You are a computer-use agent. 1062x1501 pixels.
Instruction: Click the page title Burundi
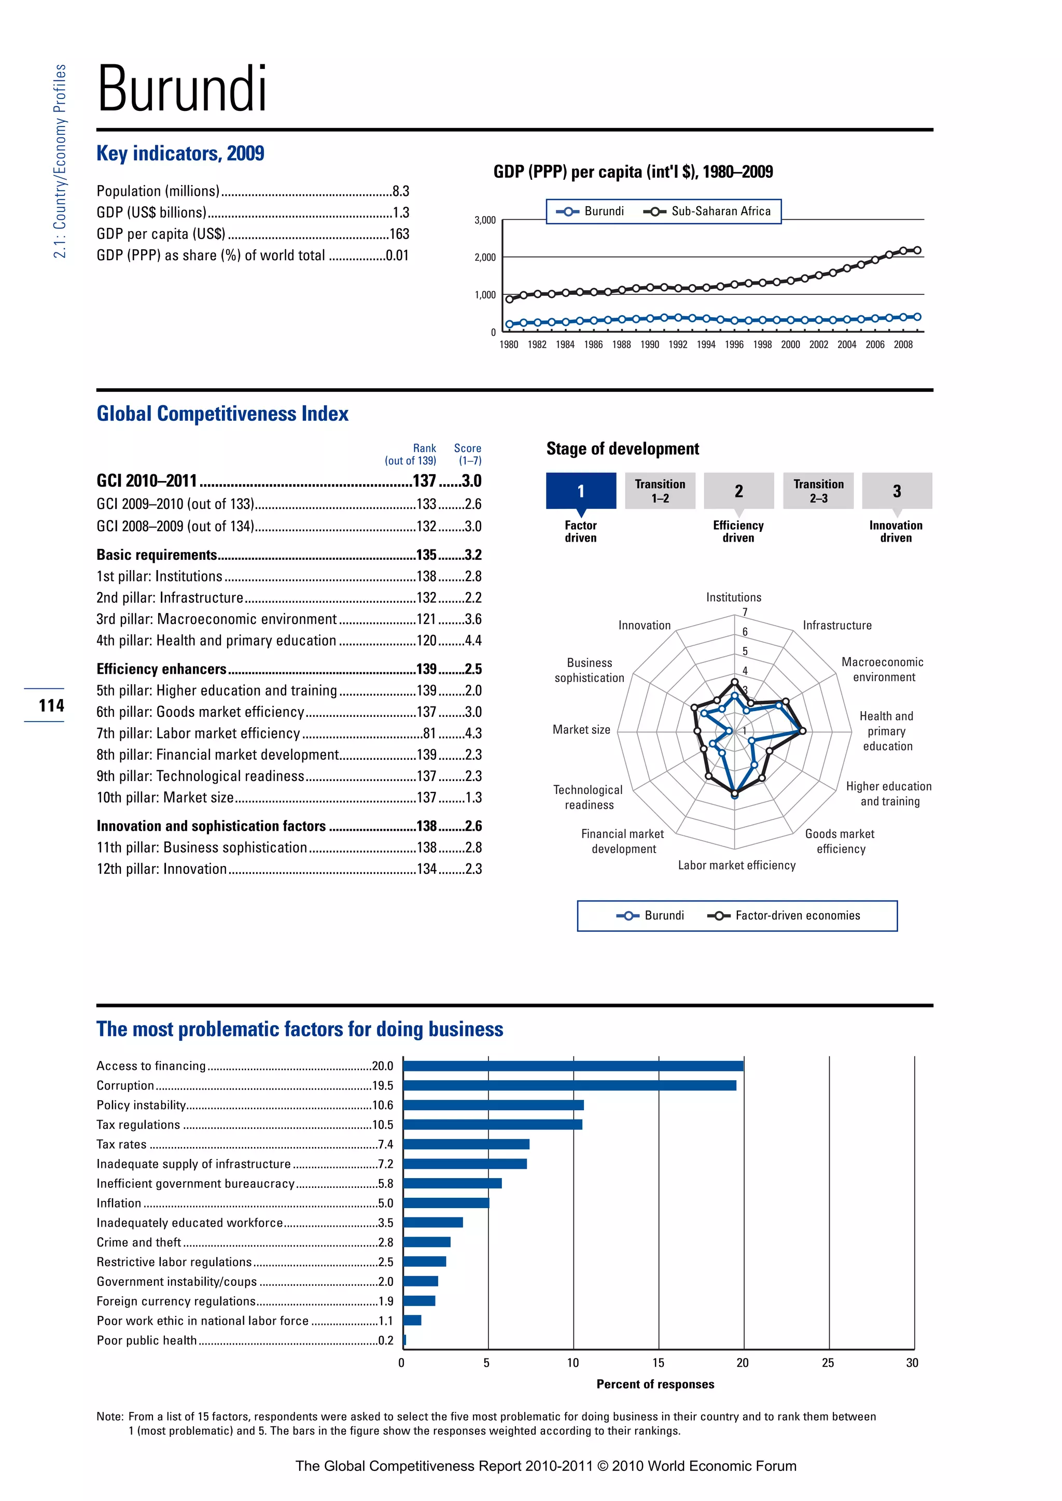pos(182,89)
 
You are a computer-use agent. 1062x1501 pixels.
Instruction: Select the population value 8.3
pos(400,192)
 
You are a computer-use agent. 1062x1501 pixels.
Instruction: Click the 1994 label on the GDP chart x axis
pos(706,345)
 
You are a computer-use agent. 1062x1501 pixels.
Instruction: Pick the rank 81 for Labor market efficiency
pos(429,733)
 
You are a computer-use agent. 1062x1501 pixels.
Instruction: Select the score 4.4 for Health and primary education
pos(473,641)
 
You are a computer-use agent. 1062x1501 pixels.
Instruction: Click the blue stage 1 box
pos(581,491)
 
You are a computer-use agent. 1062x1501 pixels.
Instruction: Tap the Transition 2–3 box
pos(818,491)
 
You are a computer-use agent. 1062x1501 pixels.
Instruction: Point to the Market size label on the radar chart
pos(581,730)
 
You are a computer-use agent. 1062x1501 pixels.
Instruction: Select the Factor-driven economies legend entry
pos(797,915)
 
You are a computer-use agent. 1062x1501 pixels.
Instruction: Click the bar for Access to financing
pos(573,1066)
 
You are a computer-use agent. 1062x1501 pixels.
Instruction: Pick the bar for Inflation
pos(446,1203)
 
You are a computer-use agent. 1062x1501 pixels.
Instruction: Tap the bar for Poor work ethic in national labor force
pos(412,1321)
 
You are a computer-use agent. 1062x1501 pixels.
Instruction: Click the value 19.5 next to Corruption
pos(383,1085)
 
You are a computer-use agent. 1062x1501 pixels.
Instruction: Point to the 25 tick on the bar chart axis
pos(828,1363)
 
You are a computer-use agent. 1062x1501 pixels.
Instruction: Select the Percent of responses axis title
pos(655,1384)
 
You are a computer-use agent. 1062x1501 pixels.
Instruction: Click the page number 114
pos(51,705)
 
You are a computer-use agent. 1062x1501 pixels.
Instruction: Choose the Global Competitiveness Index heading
pos(222,414)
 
